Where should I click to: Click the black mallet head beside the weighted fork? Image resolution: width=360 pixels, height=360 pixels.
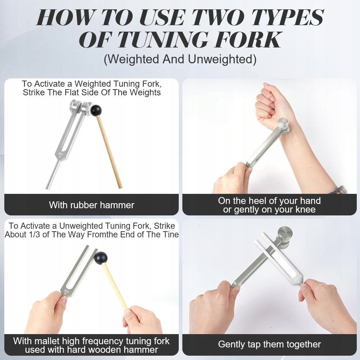[96, 110]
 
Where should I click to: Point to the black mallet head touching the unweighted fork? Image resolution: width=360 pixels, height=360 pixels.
[101, 258]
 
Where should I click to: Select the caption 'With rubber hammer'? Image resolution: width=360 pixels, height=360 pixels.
[92, 205]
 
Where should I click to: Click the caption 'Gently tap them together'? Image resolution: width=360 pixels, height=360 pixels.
[269, 345]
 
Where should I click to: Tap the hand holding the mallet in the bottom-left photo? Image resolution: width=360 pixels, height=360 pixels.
[142, 320]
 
